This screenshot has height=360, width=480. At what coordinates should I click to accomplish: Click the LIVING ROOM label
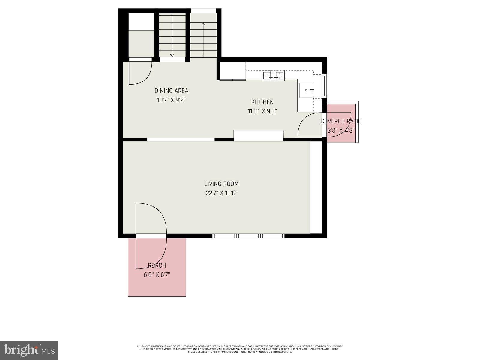pos(221,184)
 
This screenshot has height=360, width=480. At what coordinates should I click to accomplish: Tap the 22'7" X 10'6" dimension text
pos(221,193)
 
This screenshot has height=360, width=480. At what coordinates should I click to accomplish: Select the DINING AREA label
pos(171,91)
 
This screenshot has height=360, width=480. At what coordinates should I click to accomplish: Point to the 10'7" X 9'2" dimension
pos(171,100)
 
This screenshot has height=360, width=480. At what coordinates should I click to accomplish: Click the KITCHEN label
pos(262,102)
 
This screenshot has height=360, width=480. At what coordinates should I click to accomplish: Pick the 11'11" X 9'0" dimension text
pos(262,111)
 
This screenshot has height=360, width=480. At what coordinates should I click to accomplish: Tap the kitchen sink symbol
pos(306,90)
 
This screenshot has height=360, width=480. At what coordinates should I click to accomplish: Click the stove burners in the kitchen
pos(273,76)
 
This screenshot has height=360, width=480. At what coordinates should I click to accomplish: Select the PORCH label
pos(157,265)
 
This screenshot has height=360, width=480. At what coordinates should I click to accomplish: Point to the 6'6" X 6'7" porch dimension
pos(157,275)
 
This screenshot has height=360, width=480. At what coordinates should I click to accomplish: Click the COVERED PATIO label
pos(341,121)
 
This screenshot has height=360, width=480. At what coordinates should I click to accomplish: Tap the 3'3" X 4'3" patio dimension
pos(341,131)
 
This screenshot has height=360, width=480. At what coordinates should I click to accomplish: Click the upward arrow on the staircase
pos(203,24)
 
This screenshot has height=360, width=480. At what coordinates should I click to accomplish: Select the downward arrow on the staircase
pos(172,55)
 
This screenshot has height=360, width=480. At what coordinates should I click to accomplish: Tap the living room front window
pos(248,236)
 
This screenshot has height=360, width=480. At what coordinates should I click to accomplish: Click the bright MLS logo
pos(29,350)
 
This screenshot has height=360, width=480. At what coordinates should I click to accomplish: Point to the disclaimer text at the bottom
pos(240,349)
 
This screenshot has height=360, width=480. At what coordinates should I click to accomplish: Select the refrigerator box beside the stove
pos(233,71)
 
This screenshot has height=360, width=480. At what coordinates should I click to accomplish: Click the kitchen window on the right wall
pos(324,86)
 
